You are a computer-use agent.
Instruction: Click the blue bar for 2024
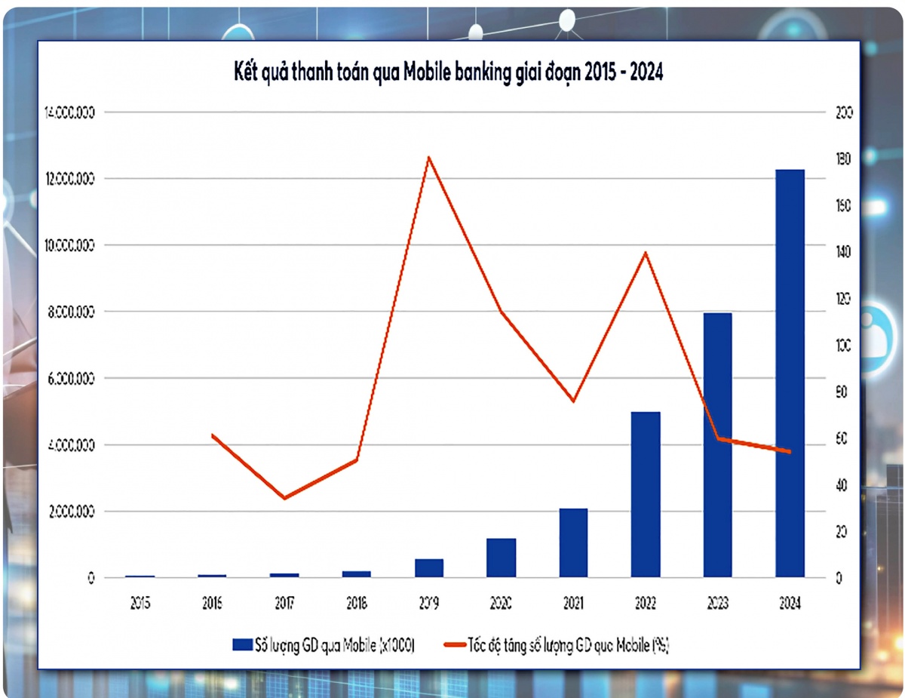coord(790,374)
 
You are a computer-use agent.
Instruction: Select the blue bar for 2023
coord(717,445)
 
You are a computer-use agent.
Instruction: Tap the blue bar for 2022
coord(646,495)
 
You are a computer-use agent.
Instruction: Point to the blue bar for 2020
coord(501,558)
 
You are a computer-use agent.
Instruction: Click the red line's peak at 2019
coord(428,158)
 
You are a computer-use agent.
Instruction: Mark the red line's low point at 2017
coord(284,498)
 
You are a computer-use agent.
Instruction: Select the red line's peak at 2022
coord(646,252)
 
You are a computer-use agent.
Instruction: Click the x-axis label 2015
coord(140,604)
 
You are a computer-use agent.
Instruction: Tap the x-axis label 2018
coord(357,604)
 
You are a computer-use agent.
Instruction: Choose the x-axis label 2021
coord(573,604)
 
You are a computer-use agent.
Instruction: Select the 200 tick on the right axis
coord(844,112)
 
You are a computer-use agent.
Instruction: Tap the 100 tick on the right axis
coord(844,346)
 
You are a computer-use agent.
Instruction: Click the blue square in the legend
coord(242,644)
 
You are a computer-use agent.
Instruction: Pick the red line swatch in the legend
coord(455,644)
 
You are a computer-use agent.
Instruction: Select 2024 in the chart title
coord(640,72)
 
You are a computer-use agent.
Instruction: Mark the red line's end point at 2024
coord(790,452)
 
